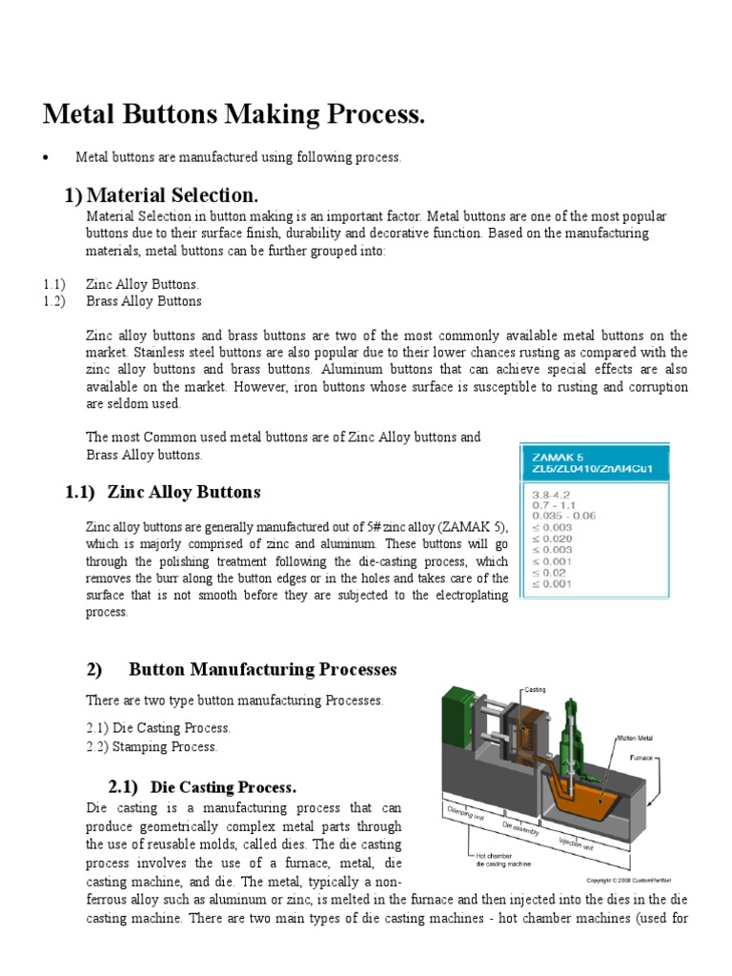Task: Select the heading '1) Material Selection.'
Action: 161,195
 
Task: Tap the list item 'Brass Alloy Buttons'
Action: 144,301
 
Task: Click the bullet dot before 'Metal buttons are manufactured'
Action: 46,157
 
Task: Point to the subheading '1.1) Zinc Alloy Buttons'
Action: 163,492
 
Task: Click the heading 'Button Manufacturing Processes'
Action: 262,669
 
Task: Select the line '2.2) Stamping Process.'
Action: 152,746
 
